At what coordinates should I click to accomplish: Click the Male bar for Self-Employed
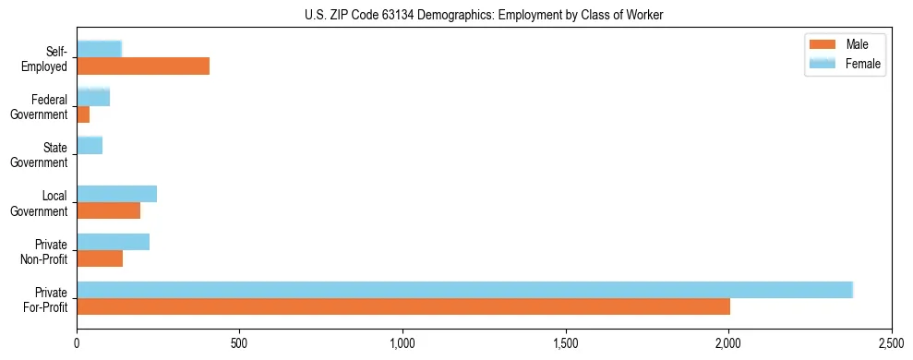click(143, 66)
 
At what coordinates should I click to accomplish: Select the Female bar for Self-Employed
click(100, 49)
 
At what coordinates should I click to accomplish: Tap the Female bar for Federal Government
click(93, 97)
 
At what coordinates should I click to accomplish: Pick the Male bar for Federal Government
click(83, 114)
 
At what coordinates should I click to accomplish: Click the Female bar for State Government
click(90, 145)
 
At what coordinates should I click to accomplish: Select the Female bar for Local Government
click(117, 193)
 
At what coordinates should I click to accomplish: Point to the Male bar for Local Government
click(109, 210)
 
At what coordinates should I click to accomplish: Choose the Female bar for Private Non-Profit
click(114, 241)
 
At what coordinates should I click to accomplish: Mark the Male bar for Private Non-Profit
click(100, 258)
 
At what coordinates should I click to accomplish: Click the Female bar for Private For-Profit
click(464, 289)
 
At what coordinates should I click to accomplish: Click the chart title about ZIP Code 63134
click(484, 15)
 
